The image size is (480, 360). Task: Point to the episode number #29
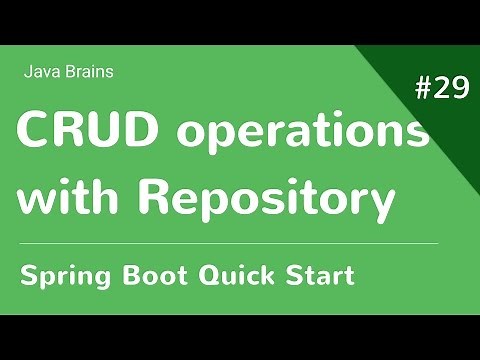coord(441,89)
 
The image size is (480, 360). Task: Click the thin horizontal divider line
coord(230,243)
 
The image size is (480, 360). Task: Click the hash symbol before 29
coord(422,89)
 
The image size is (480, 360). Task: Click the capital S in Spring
coord(28,274)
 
